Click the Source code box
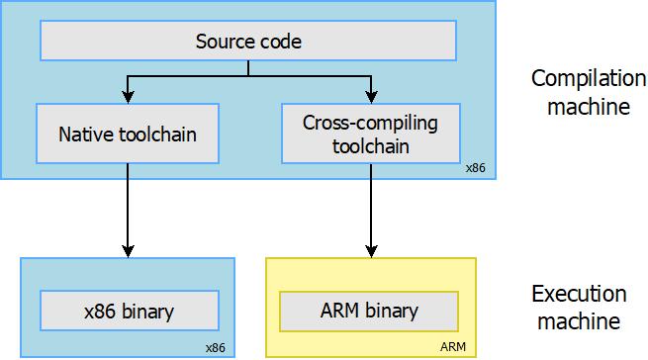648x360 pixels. (247, 42)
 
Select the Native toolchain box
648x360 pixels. (128, 133)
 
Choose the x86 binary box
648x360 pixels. (128, 312)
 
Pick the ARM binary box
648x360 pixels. (370, 312)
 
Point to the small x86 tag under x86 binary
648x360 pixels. (216, 348)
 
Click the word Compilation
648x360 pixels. (579, 78)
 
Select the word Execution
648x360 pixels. (579, 294)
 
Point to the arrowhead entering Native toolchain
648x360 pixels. (128, 97)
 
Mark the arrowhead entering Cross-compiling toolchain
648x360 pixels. (371, 97)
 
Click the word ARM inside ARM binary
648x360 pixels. (341, 312)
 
